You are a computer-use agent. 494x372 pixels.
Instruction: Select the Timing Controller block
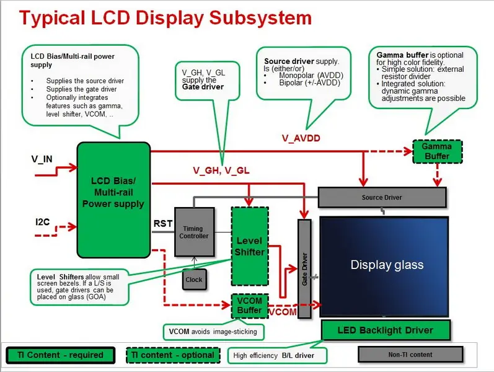[195, 232]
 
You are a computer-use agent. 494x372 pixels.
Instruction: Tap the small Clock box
[193, 280]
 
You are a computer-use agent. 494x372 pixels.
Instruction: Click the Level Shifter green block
[249, 246]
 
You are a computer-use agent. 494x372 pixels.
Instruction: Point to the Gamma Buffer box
[437, 151]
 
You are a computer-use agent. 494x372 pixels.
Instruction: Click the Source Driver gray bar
[382, 197]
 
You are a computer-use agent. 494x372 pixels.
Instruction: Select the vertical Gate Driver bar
[305, 268]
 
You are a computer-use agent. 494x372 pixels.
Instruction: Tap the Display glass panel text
[387, 265]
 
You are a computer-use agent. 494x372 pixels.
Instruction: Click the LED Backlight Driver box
[385, 330]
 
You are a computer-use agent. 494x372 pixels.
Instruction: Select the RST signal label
[162, 223]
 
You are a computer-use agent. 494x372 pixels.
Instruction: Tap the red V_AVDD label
[301, 138]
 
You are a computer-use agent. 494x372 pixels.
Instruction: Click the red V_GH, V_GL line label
[221, 170]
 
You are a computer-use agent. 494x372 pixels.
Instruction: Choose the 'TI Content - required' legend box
[55, 355]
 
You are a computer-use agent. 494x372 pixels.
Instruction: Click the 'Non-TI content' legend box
[410, 354]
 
